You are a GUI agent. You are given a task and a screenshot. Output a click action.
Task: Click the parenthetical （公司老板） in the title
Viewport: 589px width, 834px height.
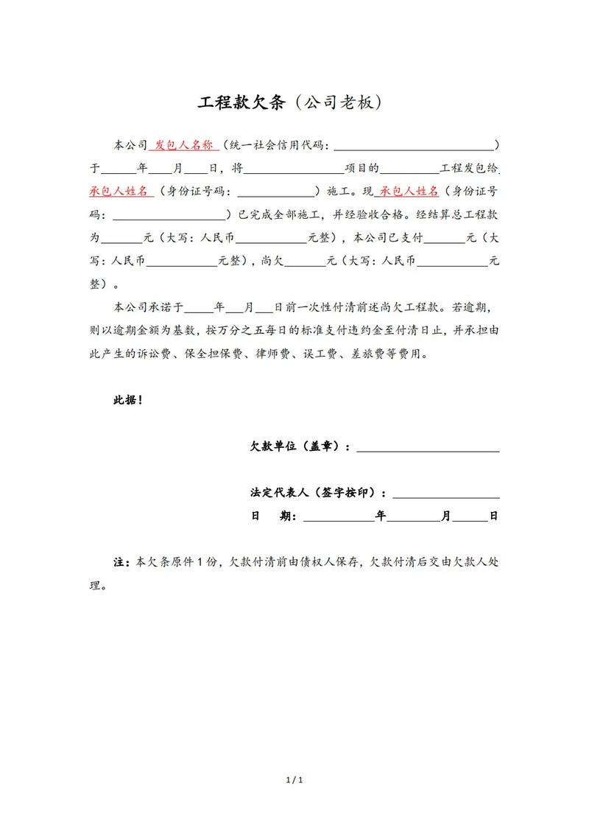[x=335, y=102]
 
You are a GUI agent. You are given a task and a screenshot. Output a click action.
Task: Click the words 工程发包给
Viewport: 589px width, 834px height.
[x=468, y=168]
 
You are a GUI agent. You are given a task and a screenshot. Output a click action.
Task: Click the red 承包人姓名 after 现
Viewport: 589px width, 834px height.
[x=409, y=192]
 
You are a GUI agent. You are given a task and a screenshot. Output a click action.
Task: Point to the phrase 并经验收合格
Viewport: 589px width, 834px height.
[x=368, y=215]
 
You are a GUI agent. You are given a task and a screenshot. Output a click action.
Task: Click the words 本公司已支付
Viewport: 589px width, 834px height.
[x=388, y=238]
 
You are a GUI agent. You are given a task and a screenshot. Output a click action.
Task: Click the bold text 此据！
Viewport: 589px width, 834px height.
[x=127, y=400]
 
